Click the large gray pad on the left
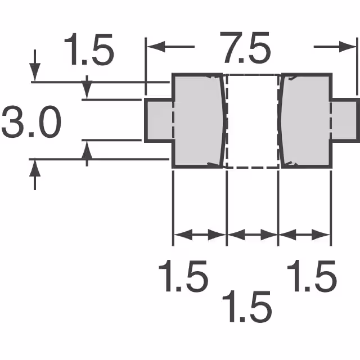click(x=197, y=120)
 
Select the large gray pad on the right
click(x=307, y=120)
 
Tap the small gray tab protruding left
click(x=158, y=120)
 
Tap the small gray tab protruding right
click(x=344, y=120)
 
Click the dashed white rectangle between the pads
click(x=252, y=120)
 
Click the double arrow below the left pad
click(x=199, y=235)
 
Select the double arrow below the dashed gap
click(x=252, y=235)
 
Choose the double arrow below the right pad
click(x=304, y=235)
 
